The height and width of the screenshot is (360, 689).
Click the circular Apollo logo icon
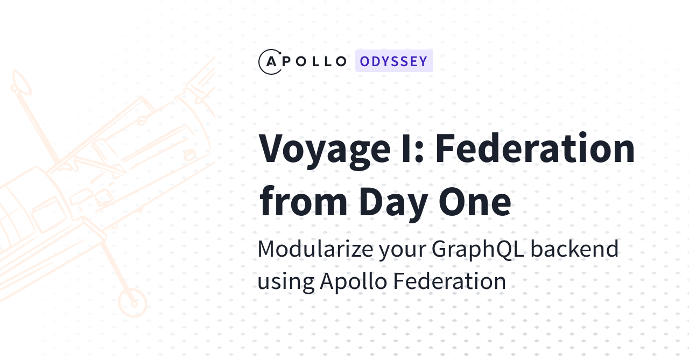[x=270, y=61]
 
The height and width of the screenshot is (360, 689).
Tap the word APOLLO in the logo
[x=307, y=61]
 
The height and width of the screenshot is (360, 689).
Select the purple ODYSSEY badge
[x=394, y=61]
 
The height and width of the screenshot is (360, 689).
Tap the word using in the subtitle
[x=285, y=281]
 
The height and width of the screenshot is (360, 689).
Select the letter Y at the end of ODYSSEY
[x=423, y=61]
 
